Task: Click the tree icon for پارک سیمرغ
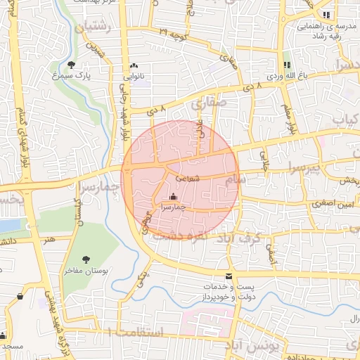pos(71,65)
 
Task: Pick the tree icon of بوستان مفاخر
pos(86,259)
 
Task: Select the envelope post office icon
pos(228,276)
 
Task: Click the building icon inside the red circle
pos(174,198)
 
